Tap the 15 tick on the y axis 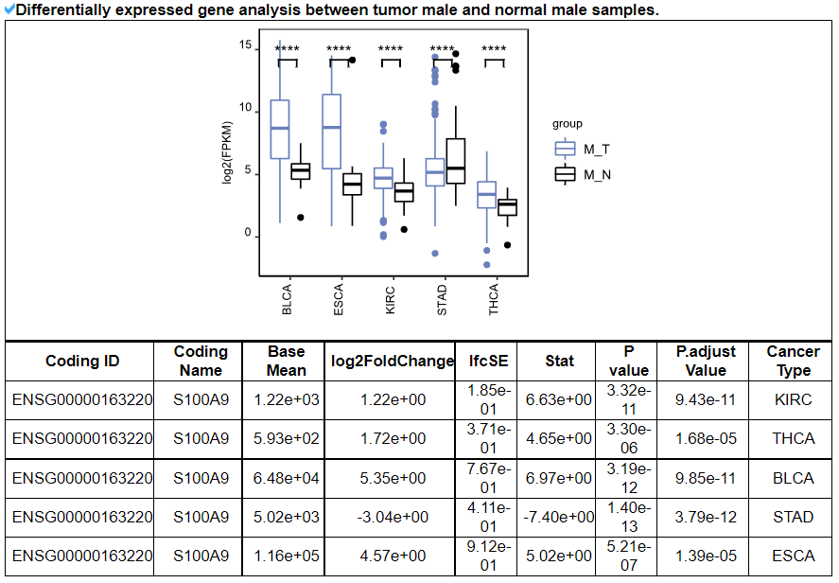[245, 46]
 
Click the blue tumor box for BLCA [279, 129]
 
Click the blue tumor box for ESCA [331, 131]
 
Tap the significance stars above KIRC [391, 50]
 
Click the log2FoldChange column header [392, 361]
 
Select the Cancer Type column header [793, 361]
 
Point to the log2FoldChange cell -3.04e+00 [392, 517]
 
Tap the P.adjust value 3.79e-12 [706, 517]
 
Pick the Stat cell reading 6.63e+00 [559, 400]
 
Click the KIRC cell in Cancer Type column [793, 400]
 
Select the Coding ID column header [82, 361]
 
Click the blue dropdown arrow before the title [9, 9]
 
